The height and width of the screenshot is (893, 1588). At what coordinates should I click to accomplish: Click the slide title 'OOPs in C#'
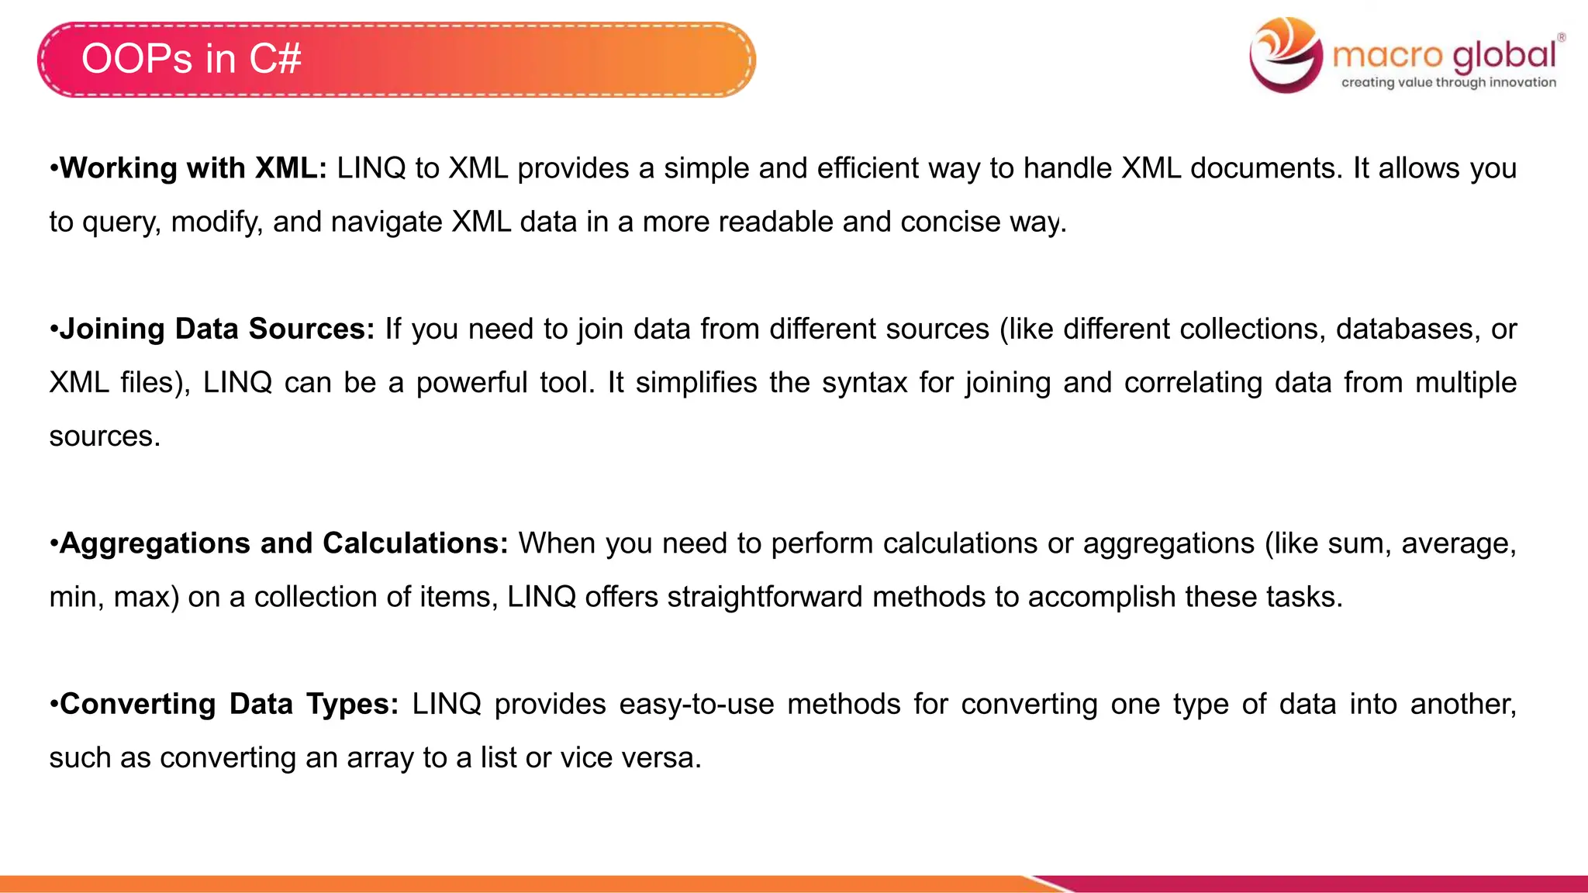tap(191, 59)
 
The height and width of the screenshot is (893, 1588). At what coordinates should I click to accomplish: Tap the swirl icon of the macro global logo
tap(1286, 54)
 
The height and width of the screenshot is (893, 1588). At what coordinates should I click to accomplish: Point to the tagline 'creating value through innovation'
tap(1448, 82)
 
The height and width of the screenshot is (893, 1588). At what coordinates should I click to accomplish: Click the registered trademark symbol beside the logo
tap(1561, 37)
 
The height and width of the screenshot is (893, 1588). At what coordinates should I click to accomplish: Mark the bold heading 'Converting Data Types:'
tap(229, 704)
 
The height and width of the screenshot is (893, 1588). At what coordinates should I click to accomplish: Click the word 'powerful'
tap(471, 383)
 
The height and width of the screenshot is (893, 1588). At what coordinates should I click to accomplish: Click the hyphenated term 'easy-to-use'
tap(696, 704)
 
